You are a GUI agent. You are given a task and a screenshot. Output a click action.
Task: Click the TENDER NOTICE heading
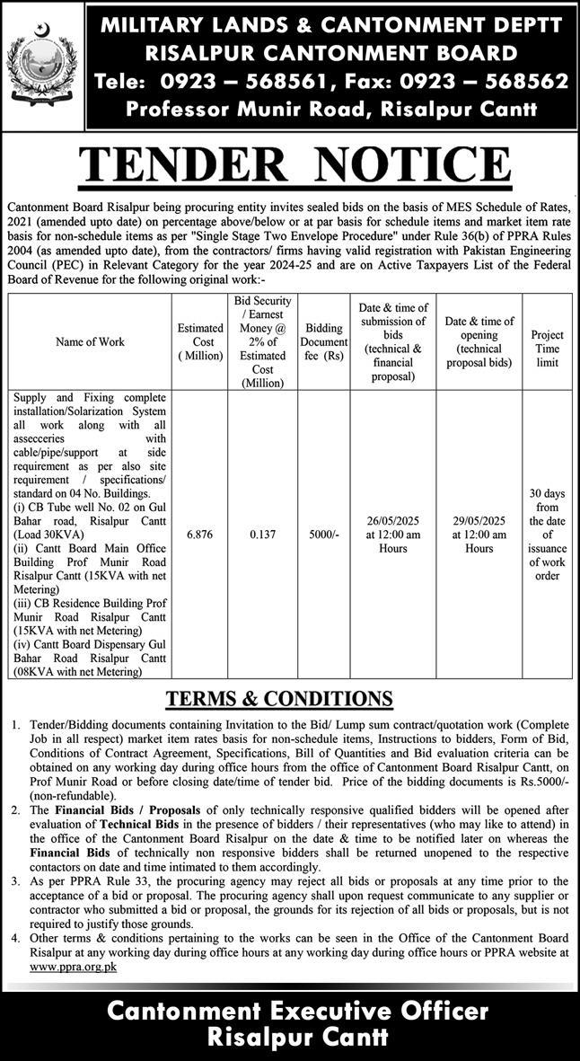[x=294, y=164]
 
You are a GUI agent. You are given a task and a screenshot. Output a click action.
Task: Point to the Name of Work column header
[x=90, y=341]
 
